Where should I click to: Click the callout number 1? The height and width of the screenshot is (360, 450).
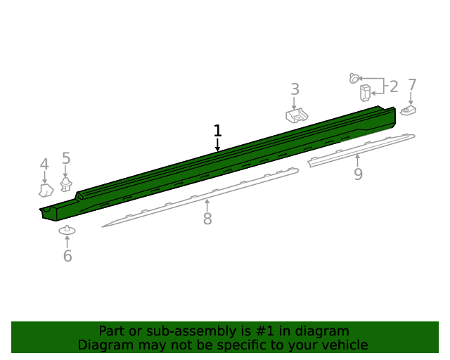pyautogui.click(x=218, y=131)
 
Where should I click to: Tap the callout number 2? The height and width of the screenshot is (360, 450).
pyautogui.click(x=394, y=86)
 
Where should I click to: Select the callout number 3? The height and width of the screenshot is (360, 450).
pyautogui.click(x=295, y=89)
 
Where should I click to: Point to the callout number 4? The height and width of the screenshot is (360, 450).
pyautogui.click(x=44, y=165)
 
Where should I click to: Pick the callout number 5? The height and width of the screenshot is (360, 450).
pyautogui.click(x=66, y=158)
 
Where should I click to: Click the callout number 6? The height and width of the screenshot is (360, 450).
pyautogui.click(x=67, y=256)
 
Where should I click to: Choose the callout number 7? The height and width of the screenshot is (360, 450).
pyautogui.click(x=412, y=85)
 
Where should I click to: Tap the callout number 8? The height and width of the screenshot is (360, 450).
pyautogui.click(x=207, y=219)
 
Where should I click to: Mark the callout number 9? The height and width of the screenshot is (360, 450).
pyautogui.click(x=358, y=174)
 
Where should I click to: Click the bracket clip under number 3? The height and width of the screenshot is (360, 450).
pyautogui.click(x=297, y=115)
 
